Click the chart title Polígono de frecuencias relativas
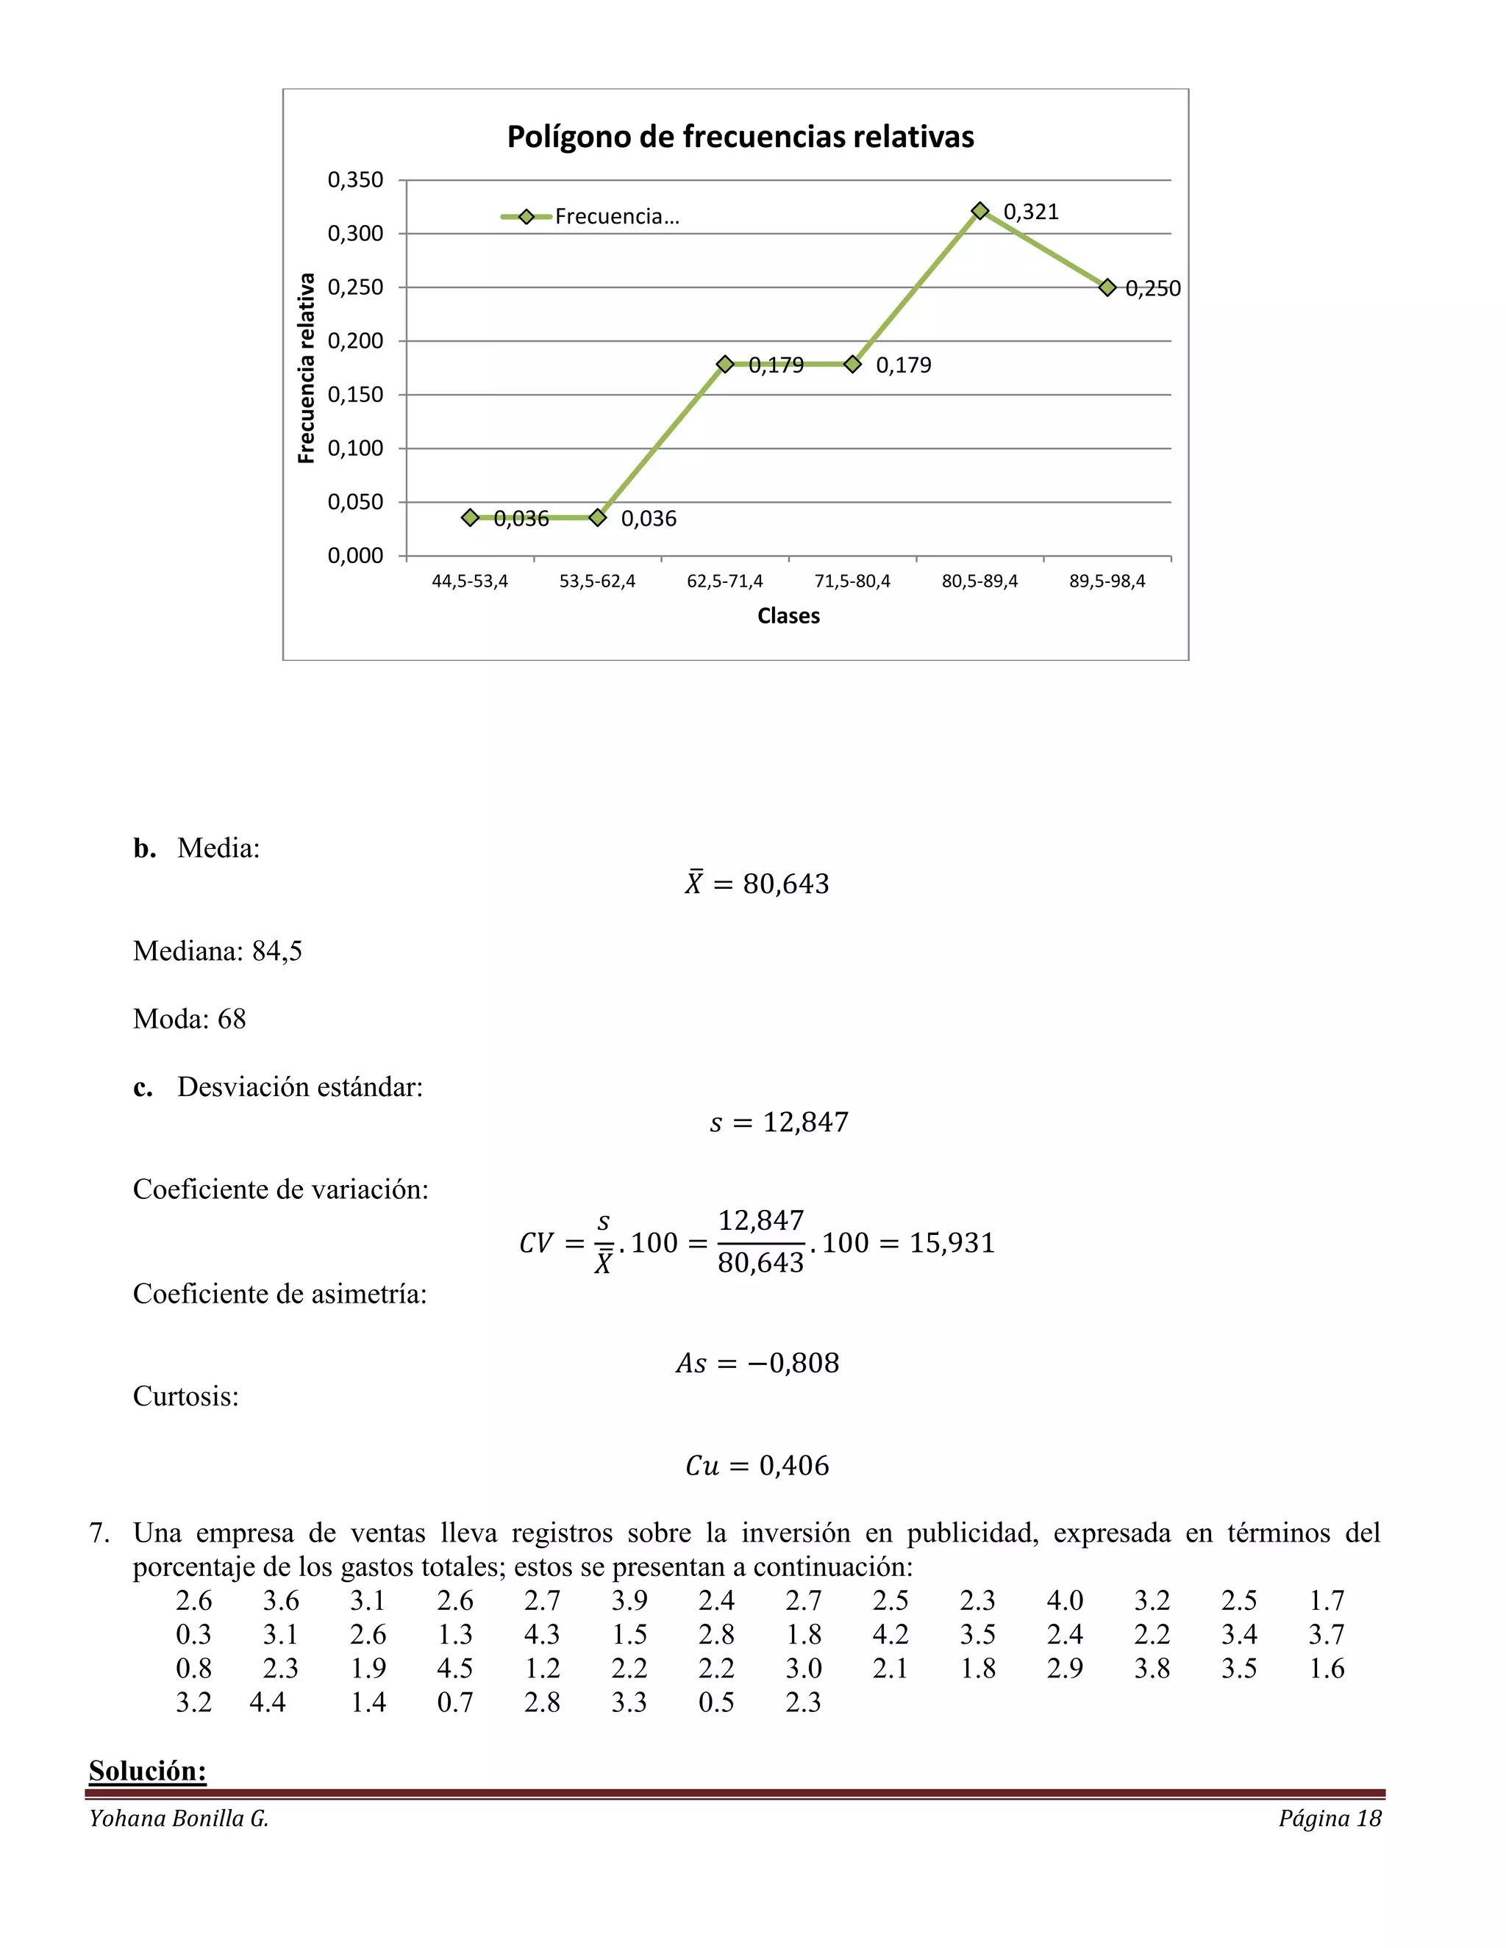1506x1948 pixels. [x=740, y=137]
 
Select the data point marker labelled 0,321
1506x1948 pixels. [x=979, y=210]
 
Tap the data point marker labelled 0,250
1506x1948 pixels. [x=1107, y=287]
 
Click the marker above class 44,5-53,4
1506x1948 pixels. [x=470, y=518]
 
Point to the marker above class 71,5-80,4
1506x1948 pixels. [x=852, y=364]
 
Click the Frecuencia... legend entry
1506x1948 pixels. [x=590, y=217]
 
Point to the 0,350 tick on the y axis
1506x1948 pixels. [x=355, y=180]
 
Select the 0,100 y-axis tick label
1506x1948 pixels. [x=355, y=448]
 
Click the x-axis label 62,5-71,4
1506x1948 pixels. [x=724, y=581]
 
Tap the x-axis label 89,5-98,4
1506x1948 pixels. [x=1107, y=581]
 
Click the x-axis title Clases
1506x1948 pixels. [x=788, y=616]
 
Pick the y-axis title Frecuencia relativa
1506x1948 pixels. [x=306, y=368]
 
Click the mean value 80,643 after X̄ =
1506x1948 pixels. [x=786, y=884]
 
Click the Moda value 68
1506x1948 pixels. [x=231, y=1020]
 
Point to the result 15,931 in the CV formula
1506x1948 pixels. [x=952, y=1242]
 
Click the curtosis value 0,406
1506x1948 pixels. [x=794, y=1466]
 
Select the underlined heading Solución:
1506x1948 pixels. [x=147, y=1771]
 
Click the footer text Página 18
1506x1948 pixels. [x=1330, y=1819]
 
